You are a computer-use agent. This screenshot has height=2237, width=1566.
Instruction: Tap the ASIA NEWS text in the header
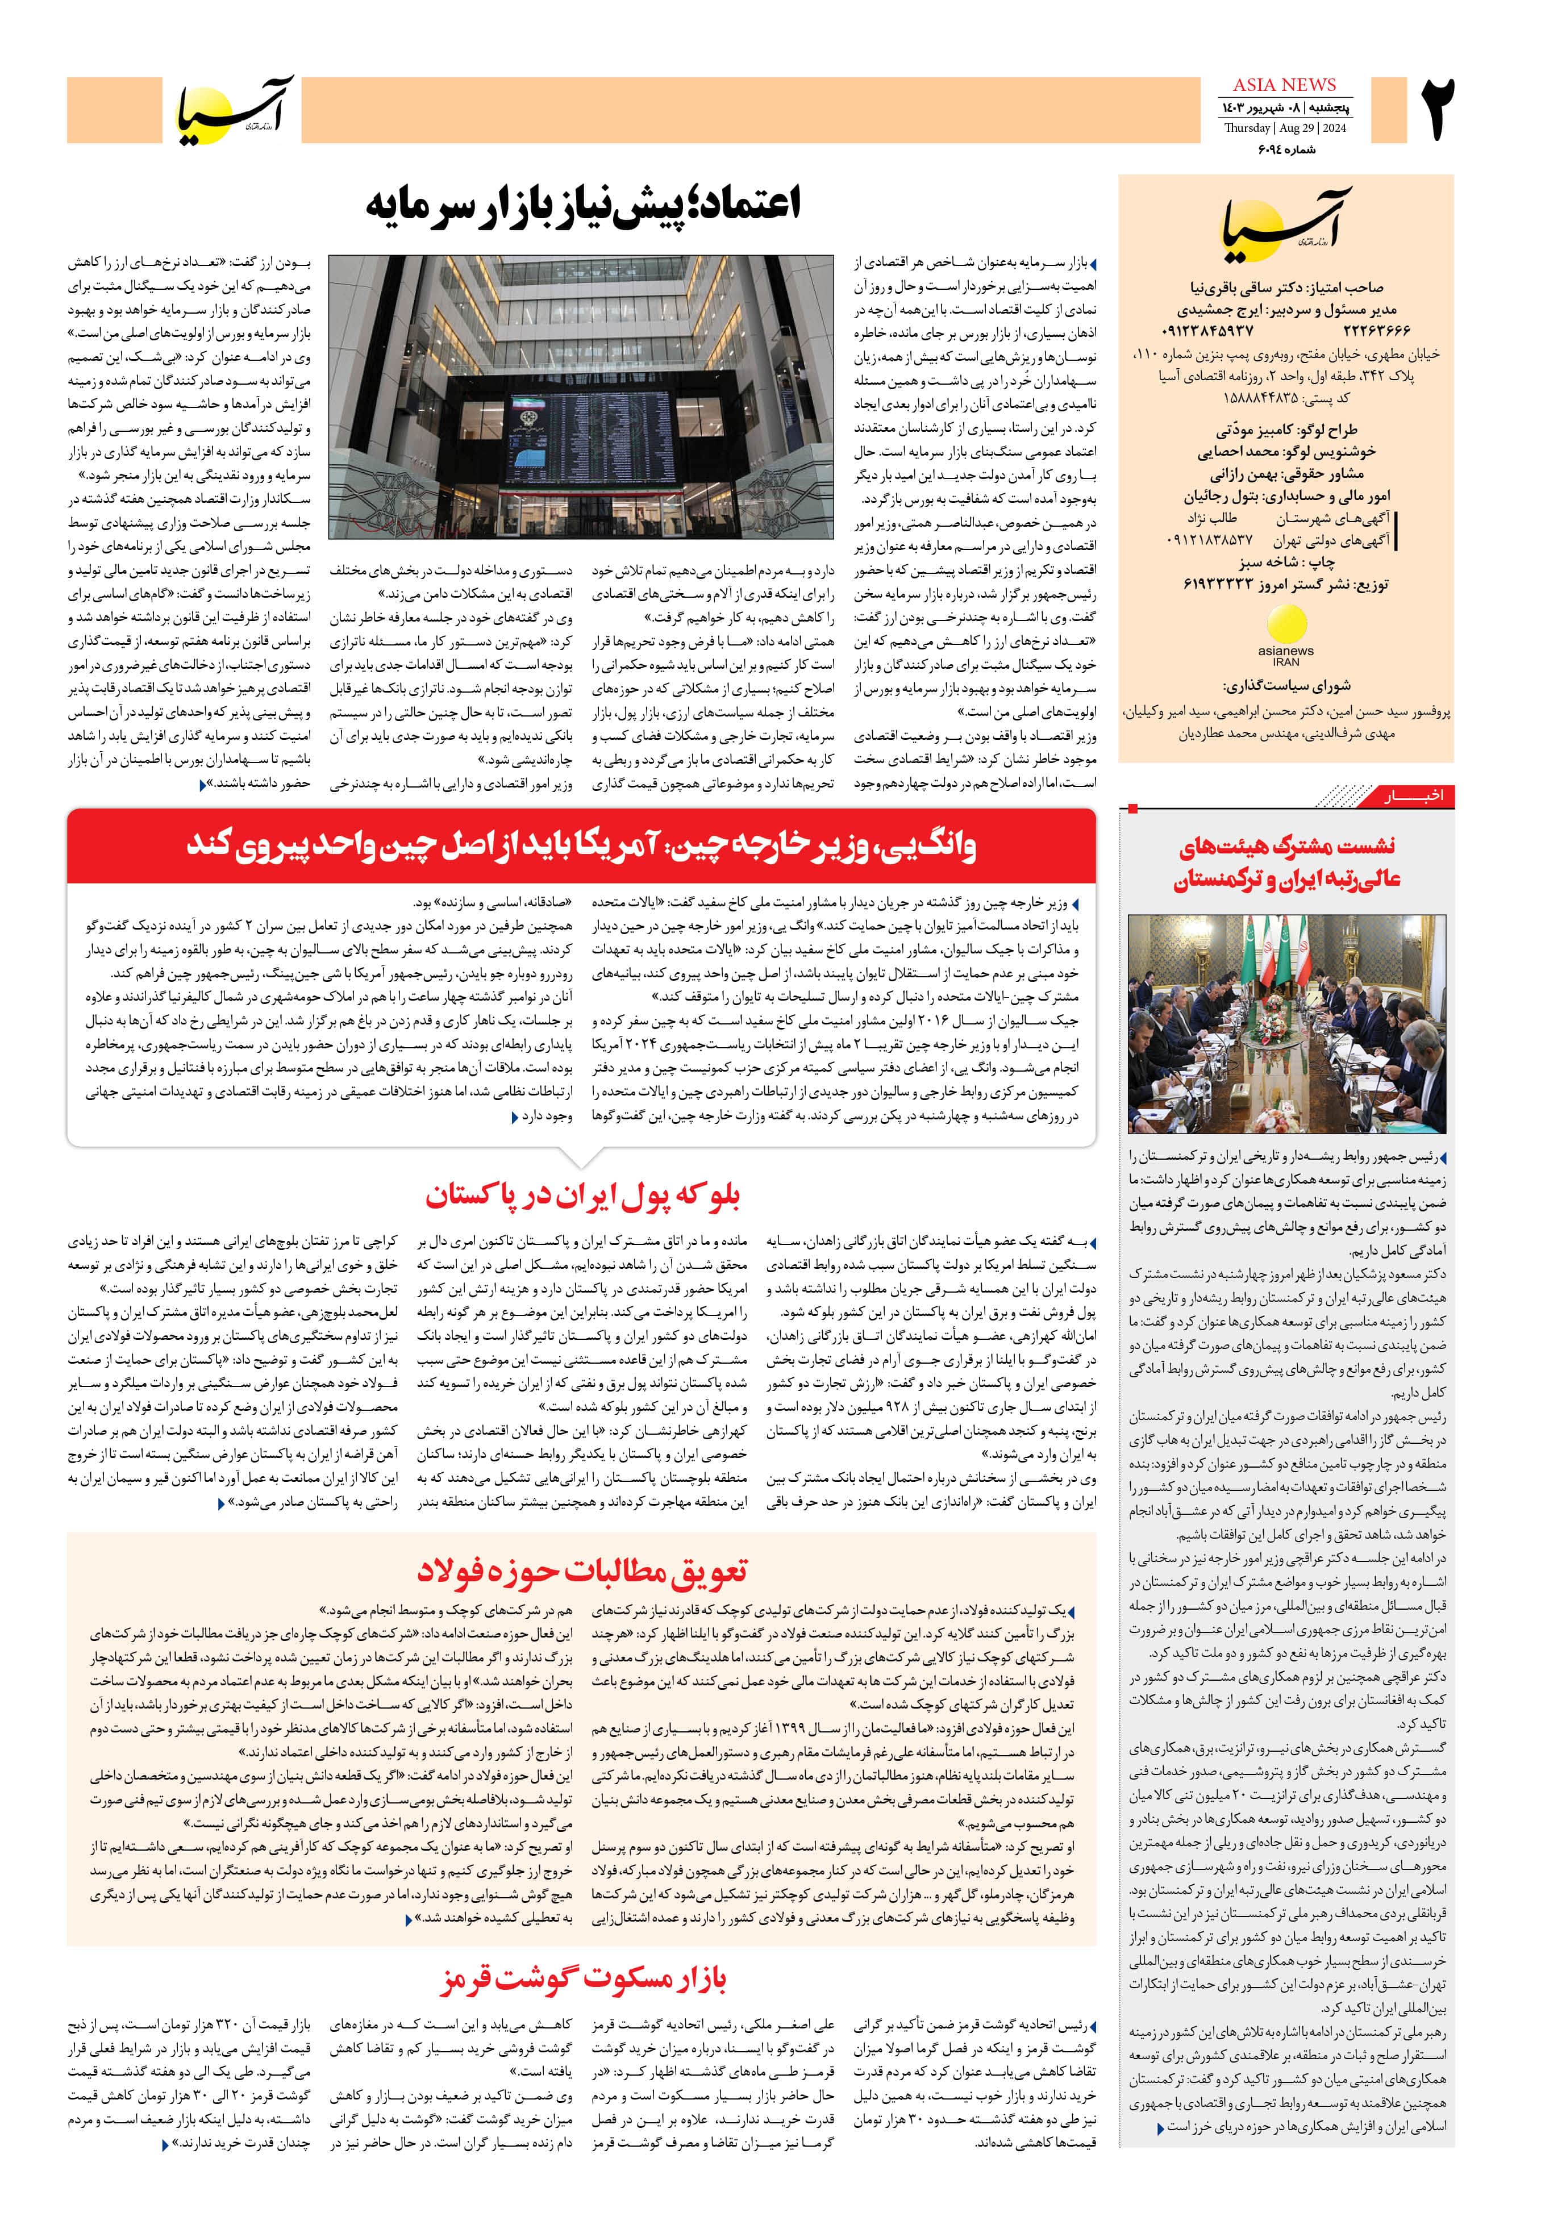coord(1284,85)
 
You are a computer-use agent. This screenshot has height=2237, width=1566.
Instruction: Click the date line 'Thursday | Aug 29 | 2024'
coord(1284,128)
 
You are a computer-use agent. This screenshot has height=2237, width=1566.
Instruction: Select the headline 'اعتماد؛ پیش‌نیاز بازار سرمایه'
coord(583,206)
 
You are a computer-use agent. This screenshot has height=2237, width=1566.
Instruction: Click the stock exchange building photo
coord(581,397)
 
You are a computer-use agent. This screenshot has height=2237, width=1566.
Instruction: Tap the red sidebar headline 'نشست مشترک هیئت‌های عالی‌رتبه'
coord(1286,863)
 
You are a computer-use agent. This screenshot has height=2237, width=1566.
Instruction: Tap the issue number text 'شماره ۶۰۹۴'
coord(1284,150)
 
